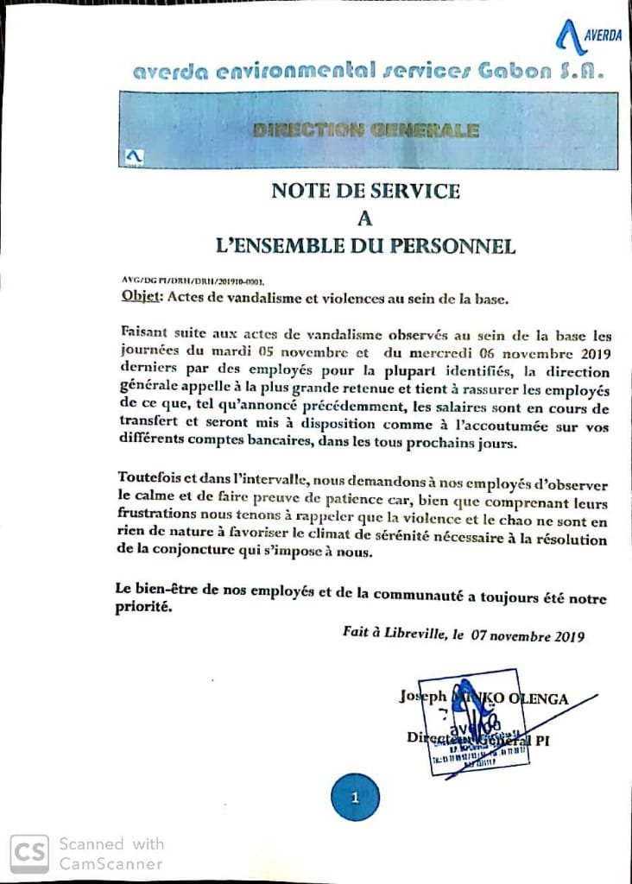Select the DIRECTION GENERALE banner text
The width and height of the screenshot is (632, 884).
click(366, 131)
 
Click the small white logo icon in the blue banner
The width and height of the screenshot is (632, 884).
click(134, 157)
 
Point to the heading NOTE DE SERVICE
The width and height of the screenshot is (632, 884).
click(365, 191)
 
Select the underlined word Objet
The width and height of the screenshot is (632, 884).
click(138, 299)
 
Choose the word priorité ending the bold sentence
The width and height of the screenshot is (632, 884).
click(143, 607)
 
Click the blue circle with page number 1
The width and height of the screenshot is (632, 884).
click(355, 798)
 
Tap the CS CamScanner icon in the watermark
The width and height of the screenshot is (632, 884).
click(29, 853)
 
